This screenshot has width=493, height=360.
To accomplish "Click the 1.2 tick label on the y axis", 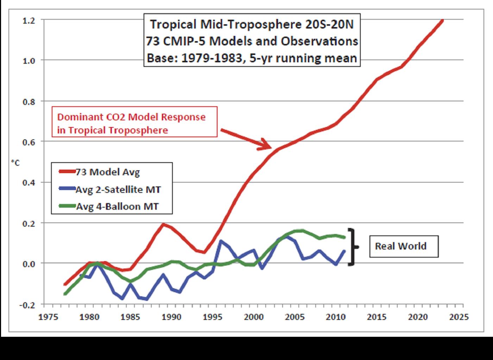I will [x=29, y=20].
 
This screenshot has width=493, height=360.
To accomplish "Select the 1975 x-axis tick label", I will [x=48, y=317].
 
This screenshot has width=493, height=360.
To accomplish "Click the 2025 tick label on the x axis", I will [x=459, y=317].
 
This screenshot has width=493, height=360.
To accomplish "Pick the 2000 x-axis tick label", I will [x=253, y=317].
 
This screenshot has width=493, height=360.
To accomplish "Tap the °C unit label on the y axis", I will [x=15, y=163].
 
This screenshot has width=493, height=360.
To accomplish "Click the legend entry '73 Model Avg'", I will [x=107, y=172].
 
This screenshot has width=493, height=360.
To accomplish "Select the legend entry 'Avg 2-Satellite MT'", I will [x=118, y=190].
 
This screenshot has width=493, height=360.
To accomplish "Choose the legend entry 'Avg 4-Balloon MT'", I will [x=117, y=206].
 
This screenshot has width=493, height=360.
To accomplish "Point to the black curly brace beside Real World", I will [x=353, y=247].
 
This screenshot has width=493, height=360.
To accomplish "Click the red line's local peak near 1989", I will [x=164, y=224].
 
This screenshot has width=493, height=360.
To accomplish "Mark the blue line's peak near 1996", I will [x=221, y=241].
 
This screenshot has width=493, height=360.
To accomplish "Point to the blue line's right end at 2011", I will [x=344, y=251].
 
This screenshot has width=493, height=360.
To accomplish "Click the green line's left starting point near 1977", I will [x=65, y=294].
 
